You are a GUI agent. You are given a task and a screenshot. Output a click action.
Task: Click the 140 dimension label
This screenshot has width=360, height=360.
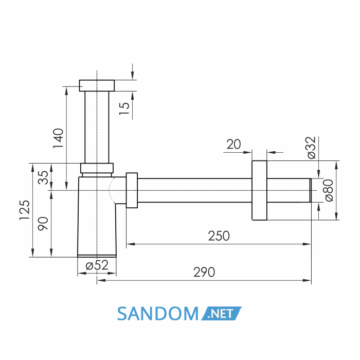(58, 138)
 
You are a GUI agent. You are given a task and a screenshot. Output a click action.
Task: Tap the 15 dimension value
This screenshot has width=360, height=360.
(124, 109)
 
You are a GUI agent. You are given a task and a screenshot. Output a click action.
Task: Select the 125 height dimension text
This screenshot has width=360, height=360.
(24, 210)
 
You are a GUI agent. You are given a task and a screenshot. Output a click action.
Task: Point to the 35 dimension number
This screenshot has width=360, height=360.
(43, 177)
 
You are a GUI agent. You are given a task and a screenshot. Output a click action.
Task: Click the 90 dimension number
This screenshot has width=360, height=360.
(43, 224)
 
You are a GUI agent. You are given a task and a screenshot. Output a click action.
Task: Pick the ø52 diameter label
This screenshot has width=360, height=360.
(97, 265)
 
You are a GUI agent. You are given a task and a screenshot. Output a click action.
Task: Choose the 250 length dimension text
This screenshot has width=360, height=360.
(219, 236)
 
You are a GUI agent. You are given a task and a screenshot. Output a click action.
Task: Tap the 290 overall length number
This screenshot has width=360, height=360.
(204, 272)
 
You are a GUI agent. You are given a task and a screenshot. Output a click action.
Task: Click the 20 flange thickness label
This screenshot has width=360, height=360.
(233, 145)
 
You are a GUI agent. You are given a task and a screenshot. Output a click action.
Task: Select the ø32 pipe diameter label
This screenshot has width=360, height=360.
(312, 148)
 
